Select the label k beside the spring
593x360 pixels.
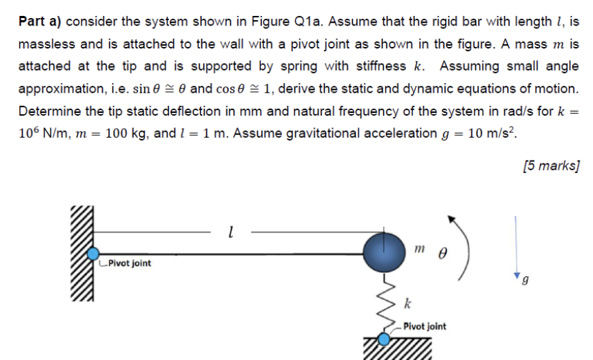407,303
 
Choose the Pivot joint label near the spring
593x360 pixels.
425,326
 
